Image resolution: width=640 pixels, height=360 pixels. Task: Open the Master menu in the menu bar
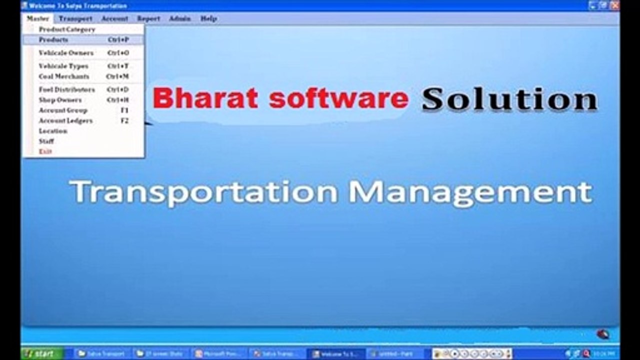(x=37, y=18)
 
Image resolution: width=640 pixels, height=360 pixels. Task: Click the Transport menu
(x=75, y=18)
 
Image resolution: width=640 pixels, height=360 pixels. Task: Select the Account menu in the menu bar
(x=114, y=18)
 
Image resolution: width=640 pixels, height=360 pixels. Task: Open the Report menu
(x=148, y=18)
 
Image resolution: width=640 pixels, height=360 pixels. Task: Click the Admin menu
(x=179, y=18)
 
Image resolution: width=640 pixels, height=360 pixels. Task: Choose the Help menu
(x=208, y=18)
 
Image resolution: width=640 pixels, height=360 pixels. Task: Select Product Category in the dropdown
(x=67, y=29)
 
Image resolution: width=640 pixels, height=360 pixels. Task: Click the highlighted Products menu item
(x=53, y=39)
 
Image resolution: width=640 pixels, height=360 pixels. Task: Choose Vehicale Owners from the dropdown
(x=66, y=53)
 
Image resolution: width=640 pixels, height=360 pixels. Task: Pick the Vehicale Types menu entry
(x=63, y=66)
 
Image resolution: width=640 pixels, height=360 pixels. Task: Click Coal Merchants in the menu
(x=64, y=76)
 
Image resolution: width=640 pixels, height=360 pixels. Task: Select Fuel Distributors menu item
(x=67, y=89)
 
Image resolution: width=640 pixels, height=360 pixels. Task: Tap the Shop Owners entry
(x=60, y=100)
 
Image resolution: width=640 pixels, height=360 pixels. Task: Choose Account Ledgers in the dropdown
(x=65, y=120)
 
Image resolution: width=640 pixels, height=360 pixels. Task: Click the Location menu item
(x=53, y=131)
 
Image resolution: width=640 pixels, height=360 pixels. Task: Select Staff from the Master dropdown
(x=46, y=141)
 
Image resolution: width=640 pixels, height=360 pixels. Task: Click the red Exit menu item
(x=45, y=151)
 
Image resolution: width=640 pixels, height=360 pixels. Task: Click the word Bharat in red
(x=205, y=98)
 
